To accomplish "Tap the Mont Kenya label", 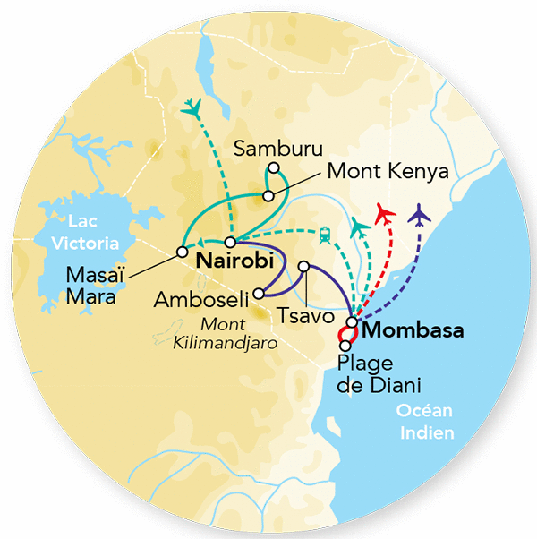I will [387, 171].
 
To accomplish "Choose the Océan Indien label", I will [425, 422].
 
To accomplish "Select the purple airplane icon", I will [418, 215].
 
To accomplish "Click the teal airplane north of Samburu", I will [191, 108].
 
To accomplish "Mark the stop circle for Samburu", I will [274, 167].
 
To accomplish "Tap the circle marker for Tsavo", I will [304, 266].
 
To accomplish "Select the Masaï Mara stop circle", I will [182, 252].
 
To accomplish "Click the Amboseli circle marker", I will [259, 292].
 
